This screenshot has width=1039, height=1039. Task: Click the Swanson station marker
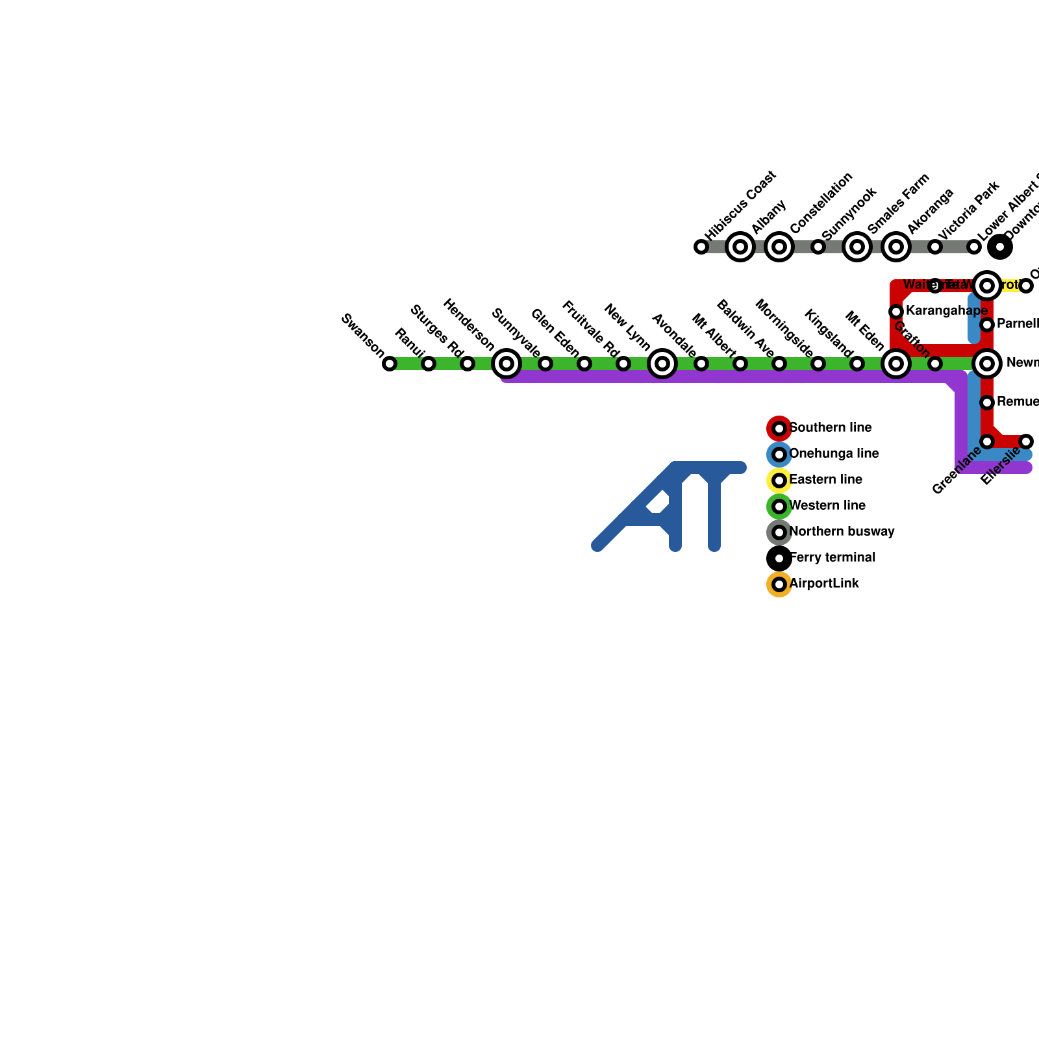point(390,364)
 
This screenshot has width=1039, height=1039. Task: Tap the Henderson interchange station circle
point(507,364)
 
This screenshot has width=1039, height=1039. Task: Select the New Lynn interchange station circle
point(662,364)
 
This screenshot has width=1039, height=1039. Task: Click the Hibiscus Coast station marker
point(701,247)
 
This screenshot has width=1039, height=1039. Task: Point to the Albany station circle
point(740,247)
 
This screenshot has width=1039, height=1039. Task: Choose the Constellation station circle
point(779,247)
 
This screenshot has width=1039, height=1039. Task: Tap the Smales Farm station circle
point(857,247)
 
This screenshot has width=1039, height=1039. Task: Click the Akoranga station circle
point(896,247)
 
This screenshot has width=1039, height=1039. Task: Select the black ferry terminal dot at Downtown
point(1000,247)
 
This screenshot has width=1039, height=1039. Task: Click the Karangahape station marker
point(896,312)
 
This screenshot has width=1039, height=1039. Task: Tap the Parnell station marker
point(987,324)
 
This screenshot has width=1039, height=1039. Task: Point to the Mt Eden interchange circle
point(896,364)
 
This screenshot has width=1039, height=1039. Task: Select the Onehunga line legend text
point(834,454)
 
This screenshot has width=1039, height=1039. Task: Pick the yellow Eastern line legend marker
point(779,481)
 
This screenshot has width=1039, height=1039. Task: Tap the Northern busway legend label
point(842,532)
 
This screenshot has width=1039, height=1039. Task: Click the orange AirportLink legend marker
point(779,584)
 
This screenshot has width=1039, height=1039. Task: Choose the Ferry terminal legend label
point(832,558)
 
